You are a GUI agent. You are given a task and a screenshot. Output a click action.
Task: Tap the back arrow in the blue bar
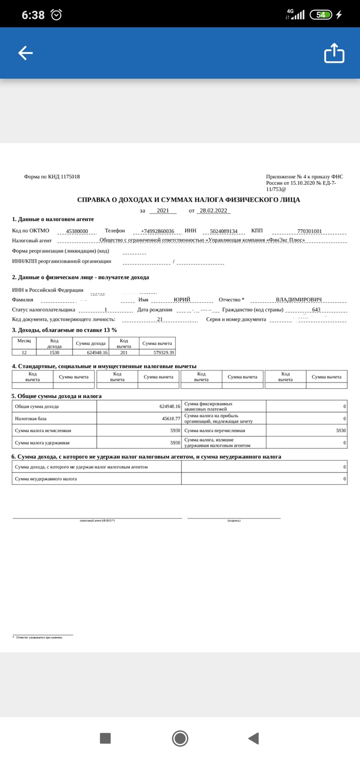pos(25,53)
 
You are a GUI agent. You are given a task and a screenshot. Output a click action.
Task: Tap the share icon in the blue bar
pos(334,53)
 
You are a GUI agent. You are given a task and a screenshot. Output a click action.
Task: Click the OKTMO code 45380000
pos(77,231)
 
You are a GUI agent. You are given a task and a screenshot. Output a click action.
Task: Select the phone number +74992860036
pos(157,231)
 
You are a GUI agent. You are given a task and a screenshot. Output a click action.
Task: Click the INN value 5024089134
pos(224,231)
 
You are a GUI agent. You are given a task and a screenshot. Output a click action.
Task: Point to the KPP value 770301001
pos(309,231)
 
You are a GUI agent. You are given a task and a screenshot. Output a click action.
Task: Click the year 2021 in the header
pos(163,211)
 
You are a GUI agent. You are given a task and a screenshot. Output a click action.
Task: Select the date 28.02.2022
pos(213,211)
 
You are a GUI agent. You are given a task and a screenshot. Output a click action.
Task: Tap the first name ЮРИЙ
pos(182,300)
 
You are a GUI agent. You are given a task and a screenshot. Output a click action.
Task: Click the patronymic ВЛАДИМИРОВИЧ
pos(298,300)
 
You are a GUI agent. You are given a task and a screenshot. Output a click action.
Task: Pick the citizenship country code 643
pos(316,310)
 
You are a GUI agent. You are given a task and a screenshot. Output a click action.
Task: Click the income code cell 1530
pos(55,353)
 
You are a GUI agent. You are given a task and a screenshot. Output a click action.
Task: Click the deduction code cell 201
pos(124,353)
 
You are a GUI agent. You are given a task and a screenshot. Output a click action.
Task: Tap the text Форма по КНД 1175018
pos(52,177)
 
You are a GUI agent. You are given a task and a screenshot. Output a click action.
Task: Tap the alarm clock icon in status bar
pos(56,15)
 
